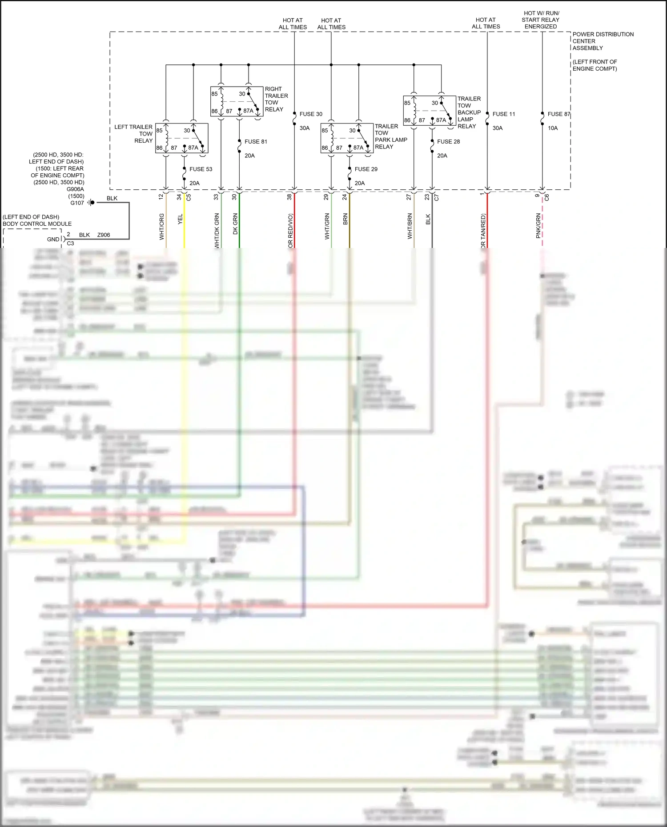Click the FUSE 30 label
coord(311,114)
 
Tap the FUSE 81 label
coord(256,142)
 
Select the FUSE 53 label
coord(201,169)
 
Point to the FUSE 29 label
coord(366,169)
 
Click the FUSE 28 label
coord(448,142)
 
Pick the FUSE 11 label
coord(503,114)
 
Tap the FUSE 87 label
coord(559,114)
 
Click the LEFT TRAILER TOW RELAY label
coord(133,134)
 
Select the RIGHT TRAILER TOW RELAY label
coord(276,99)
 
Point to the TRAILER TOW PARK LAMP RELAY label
coord(390,136)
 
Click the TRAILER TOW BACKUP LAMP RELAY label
coord(469,112)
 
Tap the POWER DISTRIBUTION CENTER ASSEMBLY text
coord(603,41)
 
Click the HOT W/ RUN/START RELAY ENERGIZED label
coord(540,20)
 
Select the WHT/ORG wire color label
coord(162,227)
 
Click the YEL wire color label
coord(180,219)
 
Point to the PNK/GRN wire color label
coord(538,226)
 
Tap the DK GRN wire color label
coord(235,224)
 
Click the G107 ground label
coord(77,203)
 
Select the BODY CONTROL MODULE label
coord(37,224)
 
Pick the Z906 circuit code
coord(104,235)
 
